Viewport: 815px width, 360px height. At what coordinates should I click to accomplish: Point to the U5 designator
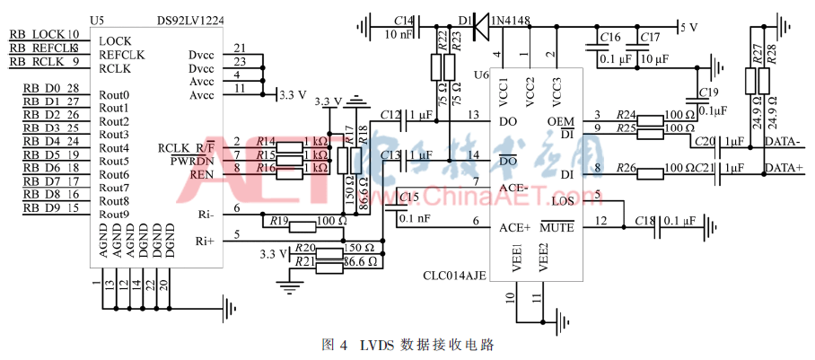tap(98, 19)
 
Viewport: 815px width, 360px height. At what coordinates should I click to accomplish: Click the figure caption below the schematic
tap(407, 344)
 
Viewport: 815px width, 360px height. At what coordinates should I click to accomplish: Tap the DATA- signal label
tap(784, 142)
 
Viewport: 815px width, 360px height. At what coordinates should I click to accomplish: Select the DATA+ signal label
tap(784, 169)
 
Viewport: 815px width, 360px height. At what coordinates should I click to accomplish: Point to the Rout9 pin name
tap(115, 214)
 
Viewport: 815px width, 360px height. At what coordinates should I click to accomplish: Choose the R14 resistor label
tap(265, 142)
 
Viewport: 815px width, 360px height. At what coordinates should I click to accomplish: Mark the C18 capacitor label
tap(644, 220)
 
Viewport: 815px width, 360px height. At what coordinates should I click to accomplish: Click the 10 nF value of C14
tap(400, 35)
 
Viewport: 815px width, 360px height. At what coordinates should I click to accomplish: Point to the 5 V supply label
tap(688, 27)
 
